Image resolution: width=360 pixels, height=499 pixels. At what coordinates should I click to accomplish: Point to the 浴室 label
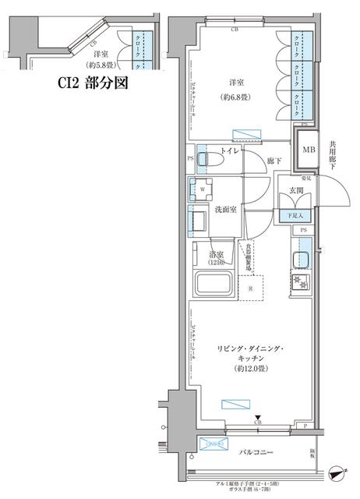pyautogui.click(x=217, y=255)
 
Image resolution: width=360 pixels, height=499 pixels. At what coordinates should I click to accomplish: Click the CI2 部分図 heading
pyautogui.click(x=91, y=83)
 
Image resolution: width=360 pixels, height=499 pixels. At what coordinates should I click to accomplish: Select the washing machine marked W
pyautogui.click(x=203, y=188)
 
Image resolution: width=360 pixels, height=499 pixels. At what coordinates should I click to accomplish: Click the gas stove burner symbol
pyautogui.click(x=298, y=281)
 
